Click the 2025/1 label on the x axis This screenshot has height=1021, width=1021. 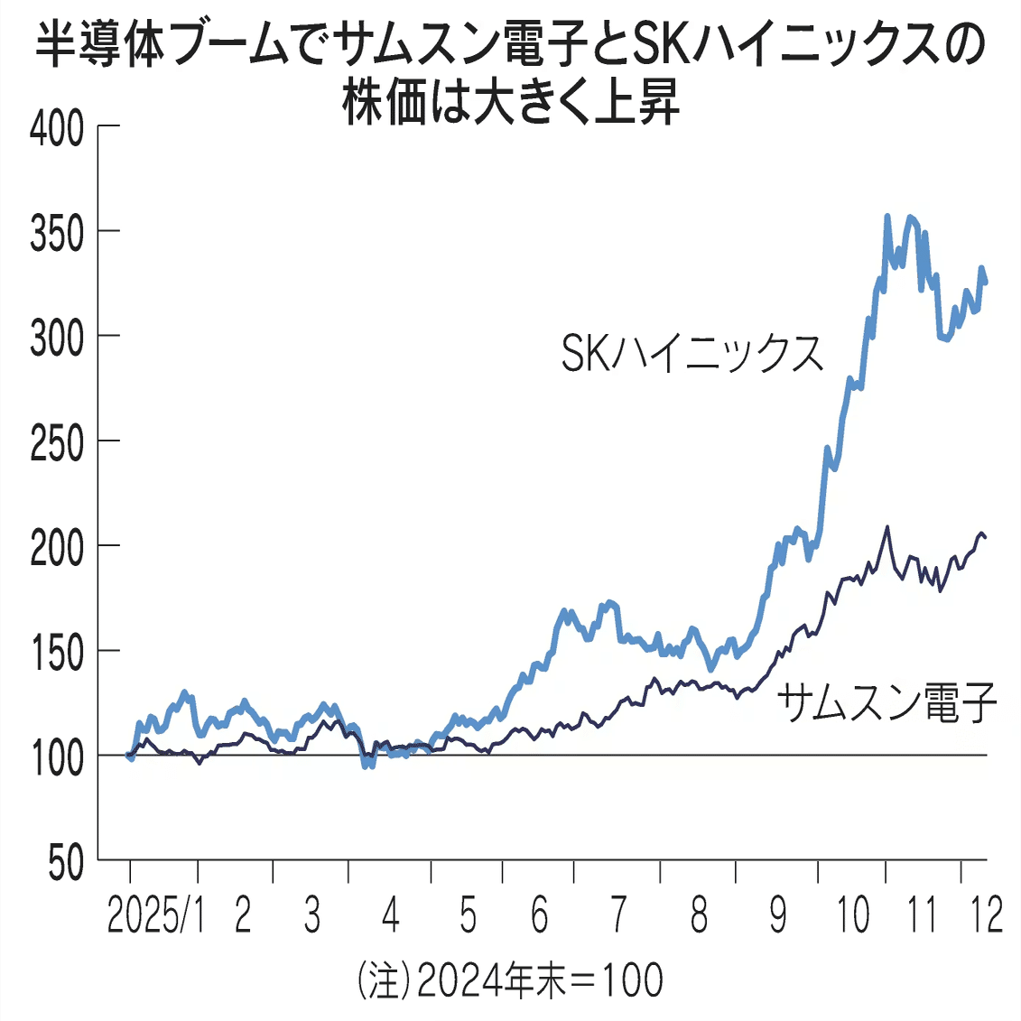pyautogui.click(x=155, y=915)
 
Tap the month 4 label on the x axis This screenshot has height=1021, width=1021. pyautogui.click(x=390, y=915)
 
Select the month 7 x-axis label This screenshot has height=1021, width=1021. pyautogui.click(x=618, y=915)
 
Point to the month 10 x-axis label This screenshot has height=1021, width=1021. pyautogui.click(x=853, y=915)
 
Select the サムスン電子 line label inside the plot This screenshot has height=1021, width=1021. pyautogui.click(x=886, y=701)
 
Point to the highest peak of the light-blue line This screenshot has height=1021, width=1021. pyautogui.click(x=887, y=217)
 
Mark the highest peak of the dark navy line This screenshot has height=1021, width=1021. pyautogui.click(x=887, y=527)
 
